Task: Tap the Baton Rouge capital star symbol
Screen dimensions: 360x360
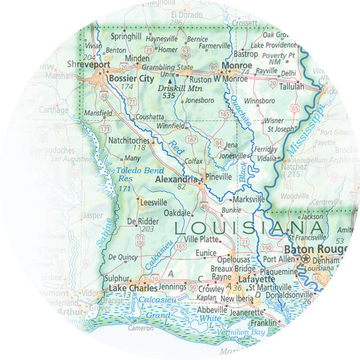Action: point(306,259)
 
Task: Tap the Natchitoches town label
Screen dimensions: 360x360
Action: point(131,140)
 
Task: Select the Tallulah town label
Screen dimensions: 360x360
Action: point(291,86)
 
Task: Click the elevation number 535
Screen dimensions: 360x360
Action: point(170,96)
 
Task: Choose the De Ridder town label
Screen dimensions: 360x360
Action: point(143,221)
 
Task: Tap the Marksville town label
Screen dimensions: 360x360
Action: point(250,199)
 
